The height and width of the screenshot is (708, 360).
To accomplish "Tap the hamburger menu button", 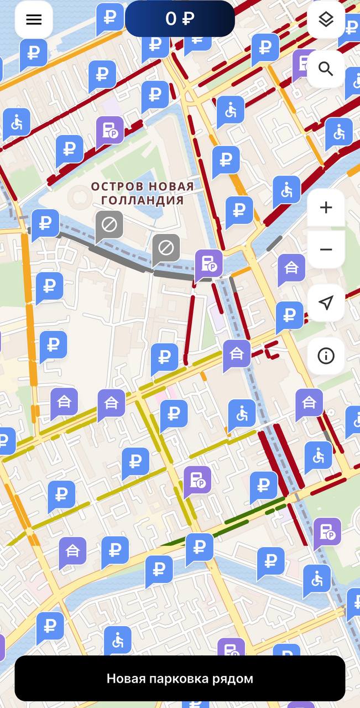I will point(34,20).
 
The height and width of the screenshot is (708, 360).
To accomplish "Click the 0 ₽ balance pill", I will point(180,19).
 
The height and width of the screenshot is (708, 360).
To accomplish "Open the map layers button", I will point(326,20).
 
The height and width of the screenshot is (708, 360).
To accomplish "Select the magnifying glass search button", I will point(326,69).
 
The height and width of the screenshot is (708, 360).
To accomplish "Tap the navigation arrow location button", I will point(326,303).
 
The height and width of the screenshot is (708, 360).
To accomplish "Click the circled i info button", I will point(326,356).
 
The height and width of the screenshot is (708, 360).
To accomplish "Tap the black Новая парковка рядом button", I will point(180,678).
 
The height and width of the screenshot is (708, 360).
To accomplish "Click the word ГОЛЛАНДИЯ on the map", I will point(142,201).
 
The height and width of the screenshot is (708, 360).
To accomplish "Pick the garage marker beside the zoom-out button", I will point(291,268).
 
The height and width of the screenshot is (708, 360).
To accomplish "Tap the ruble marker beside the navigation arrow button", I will point(289,315).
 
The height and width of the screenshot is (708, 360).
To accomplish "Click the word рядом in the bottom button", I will point(234,679).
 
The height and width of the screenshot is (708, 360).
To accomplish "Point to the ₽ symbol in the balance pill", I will point(188,19).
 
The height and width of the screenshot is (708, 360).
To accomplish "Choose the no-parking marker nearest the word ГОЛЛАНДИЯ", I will point(166,248).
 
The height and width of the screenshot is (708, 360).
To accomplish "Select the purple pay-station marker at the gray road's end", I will point(208,264).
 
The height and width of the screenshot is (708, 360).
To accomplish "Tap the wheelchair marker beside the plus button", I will point(286,191).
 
